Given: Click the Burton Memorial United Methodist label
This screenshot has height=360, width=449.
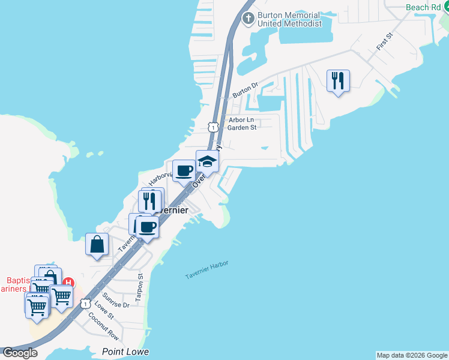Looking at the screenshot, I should point(289,19).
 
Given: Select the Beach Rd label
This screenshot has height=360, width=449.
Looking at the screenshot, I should point(423,7).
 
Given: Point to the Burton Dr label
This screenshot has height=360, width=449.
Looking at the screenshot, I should point(246,90).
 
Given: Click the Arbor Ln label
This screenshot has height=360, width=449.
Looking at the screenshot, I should point(243,120).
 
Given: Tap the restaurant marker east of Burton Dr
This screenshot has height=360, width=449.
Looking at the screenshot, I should point(338,80).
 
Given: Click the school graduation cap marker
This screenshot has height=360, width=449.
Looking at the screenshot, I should point(208,161).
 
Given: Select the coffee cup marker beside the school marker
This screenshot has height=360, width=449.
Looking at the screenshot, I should point(184,171).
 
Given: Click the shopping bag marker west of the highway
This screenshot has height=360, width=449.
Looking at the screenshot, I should point(97,244).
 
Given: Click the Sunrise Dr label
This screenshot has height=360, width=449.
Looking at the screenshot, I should point(116,301).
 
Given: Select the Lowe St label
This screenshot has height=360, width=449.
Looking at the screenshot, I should point(104,308).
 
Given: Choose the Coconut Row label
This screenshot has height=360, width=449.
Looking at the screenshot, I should point(104,326).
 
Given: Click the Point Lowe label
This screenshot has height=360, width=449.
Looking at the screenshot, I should point(125,352).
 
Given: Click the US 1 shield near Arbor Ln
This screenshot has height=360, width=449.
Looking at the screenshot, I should point(213,127).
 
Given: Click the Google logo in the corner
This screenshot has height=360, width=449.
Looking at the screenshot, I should point(20,352).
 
